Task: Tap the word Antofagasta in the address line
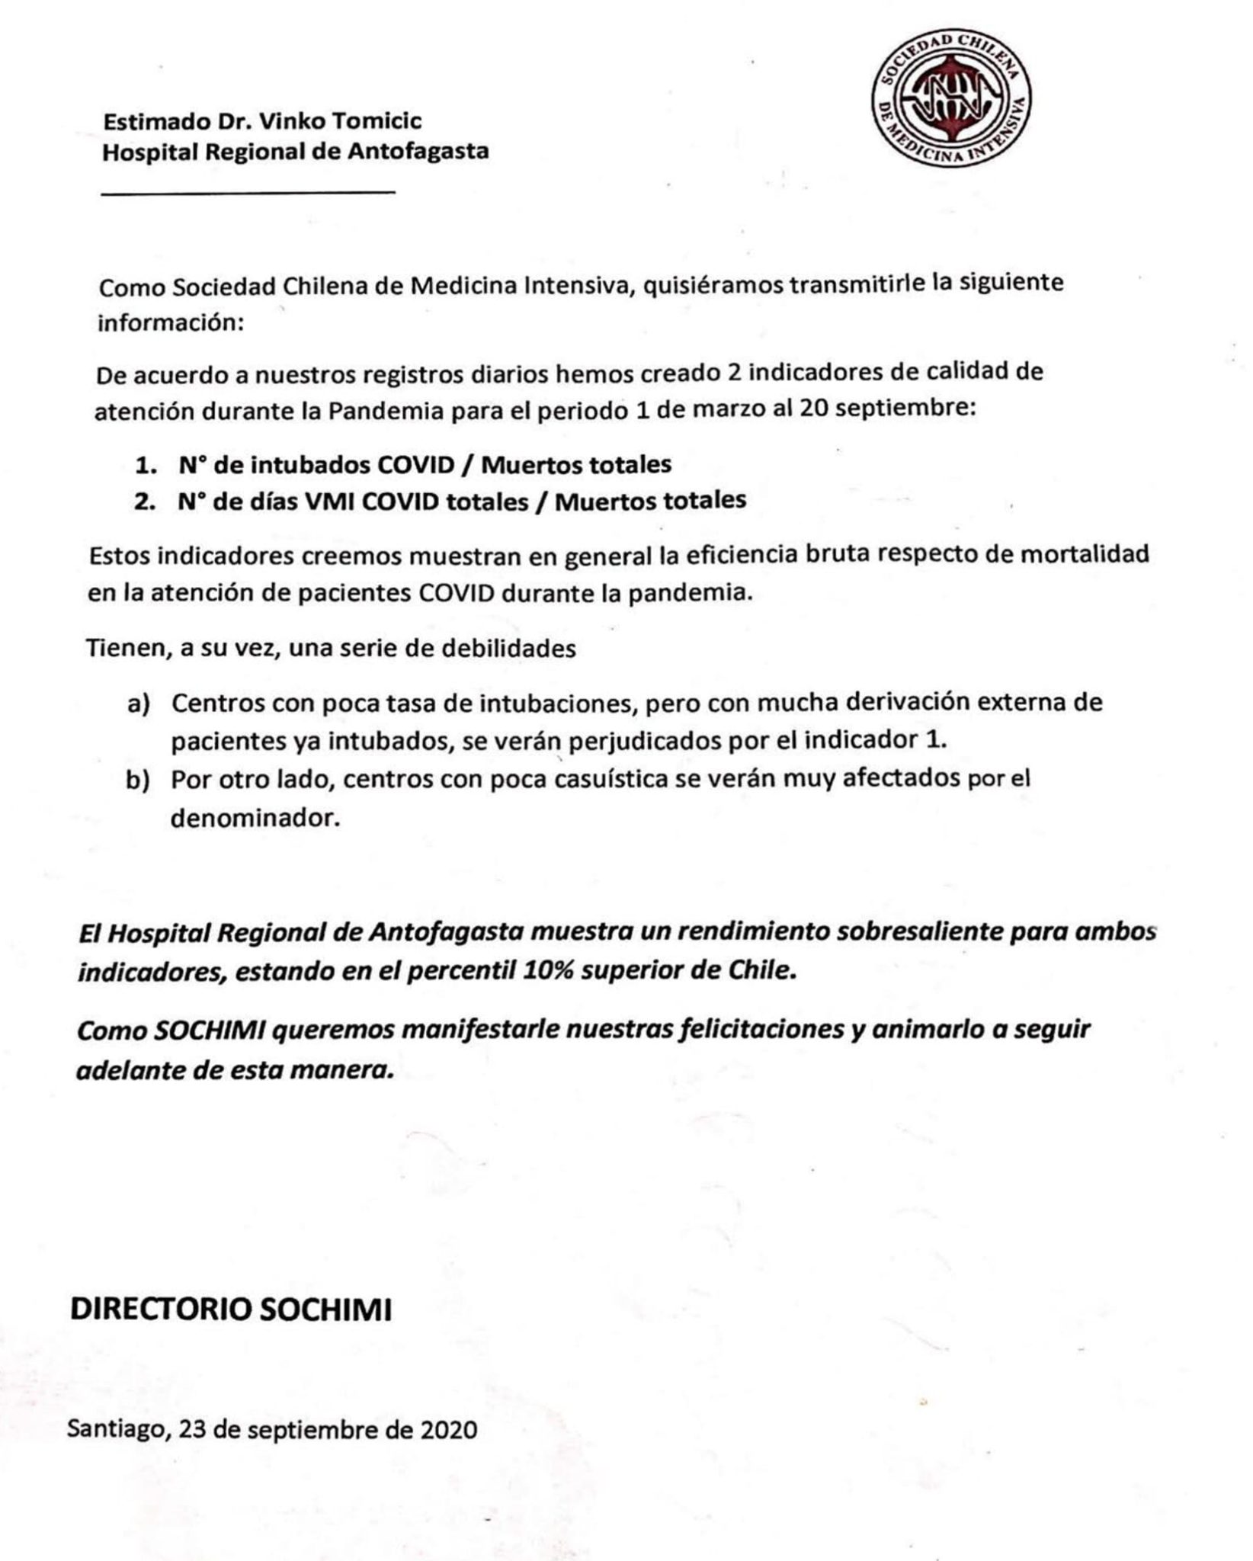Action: [418, 152]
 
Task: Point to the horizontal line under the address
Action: [248, 192]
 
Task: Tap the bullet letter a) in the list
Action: [139, 704]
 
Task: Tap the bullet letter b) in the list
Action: [139, 781]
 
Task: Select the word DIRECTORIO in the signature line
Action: [159, 1310]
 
